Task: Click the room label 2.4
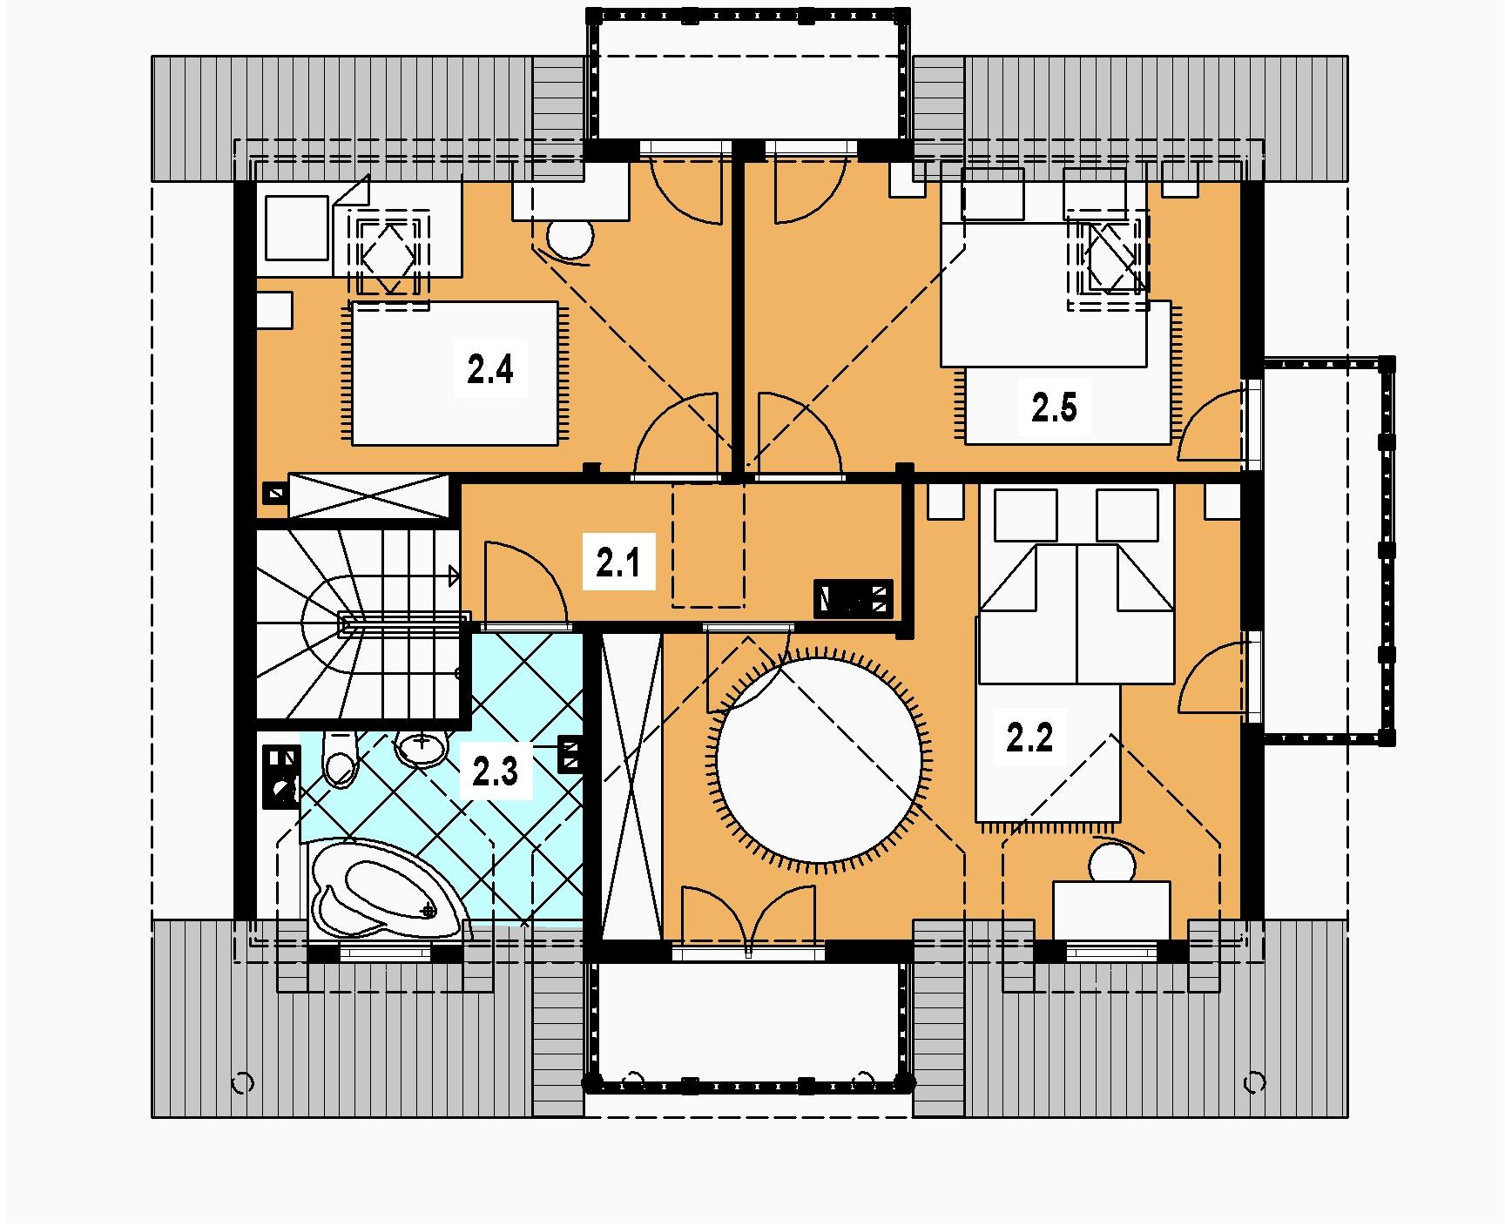click(x=489, y=371)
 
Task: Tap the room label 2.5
click(x=1054, y=407)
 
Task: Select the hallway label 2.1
click(x=618, y=563)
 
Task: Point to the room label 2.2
click(x=1029, y=738)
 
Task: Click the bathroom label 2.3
click(x=495, y=771)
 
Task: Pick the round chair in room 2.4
click(x=570, y=237)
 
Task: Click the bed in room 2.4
click(x=453, y=373)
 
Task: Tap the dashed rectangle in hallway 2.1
click(x=709, y=546)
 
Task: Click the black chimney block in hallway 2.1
click(x=854, y=599)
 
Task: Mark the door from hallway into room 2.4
click(x=678, y=434)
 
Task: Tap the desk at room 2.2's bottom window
click(x=1111, y=911)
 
